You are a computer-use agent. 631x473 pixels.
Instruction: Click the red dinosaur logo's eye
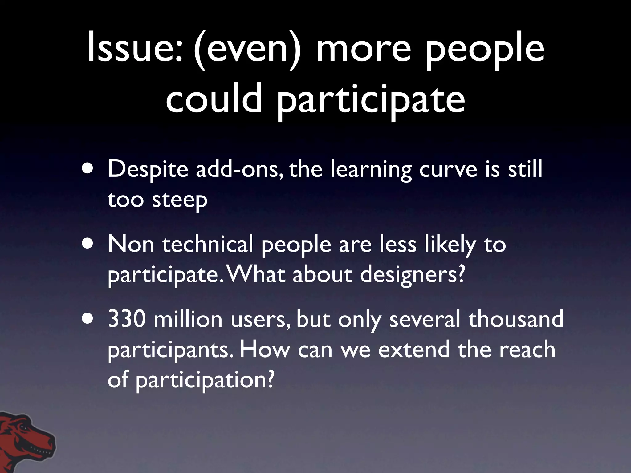tap(23, 427)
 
